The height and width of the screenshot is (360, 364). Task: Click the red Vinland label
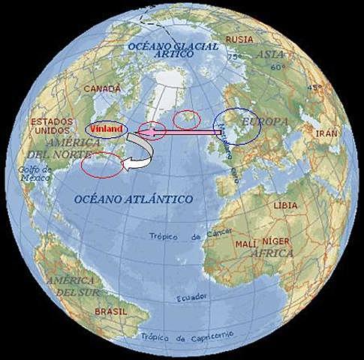coord(107,128)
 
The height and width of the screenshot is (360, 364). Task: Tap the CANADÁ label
coord(101,88)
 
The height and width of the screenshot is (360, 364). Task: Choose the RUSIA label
coord(239,39)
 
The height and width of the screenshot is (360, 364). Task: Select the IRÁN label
coord(327,133)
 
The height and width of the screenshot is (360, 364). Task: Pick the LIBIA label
coord(285,205)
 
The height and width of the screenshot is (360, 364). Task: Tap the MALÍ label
coord(246,244)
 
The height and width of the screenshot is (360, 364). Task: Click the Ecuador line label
coord(191,298)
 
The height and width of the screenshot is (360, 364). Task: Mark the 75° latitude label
coord(233,57)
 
